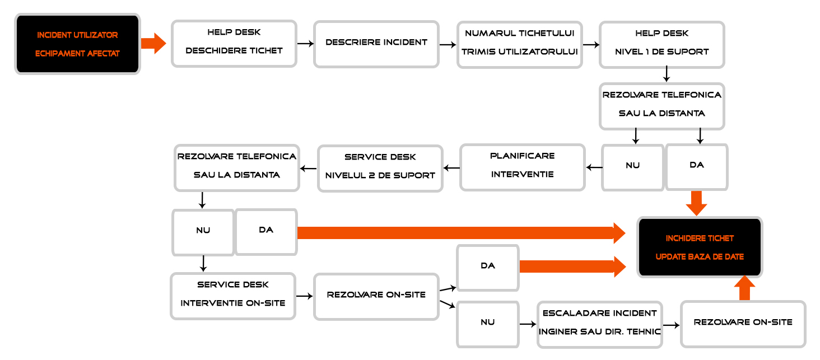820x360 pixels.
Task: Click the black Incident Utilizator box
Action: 77,44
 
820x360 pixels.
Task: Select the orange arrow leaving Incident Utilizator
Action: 153,43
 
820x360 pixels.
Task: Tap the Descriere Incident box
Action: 376,44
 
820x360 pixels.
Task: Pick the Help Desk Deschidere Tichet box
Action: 234,44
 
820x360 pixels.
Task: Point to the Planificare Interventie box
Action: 523,167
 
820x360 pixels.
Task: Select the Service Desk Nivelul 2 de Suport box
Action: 380,169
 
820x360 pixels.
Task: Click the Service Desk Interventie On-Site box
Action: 233,296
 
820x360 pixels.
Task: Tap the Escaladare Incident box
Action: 600,325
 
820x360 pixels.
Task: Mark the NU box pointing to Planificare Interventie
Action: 632,167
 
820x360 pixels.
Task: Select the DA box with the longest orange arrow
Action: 266,232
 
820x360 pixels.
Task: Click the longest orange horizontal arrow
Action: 462,233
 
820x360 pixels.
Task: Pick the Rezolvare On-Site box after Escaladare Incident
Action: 743,324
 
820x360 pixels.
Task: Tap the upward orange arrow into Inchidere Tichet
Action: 744,288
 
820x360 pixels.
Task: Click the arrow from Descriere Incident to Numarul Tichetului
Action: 448,45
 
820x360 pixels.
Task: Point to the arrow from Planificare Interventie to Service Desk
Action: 452,168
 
